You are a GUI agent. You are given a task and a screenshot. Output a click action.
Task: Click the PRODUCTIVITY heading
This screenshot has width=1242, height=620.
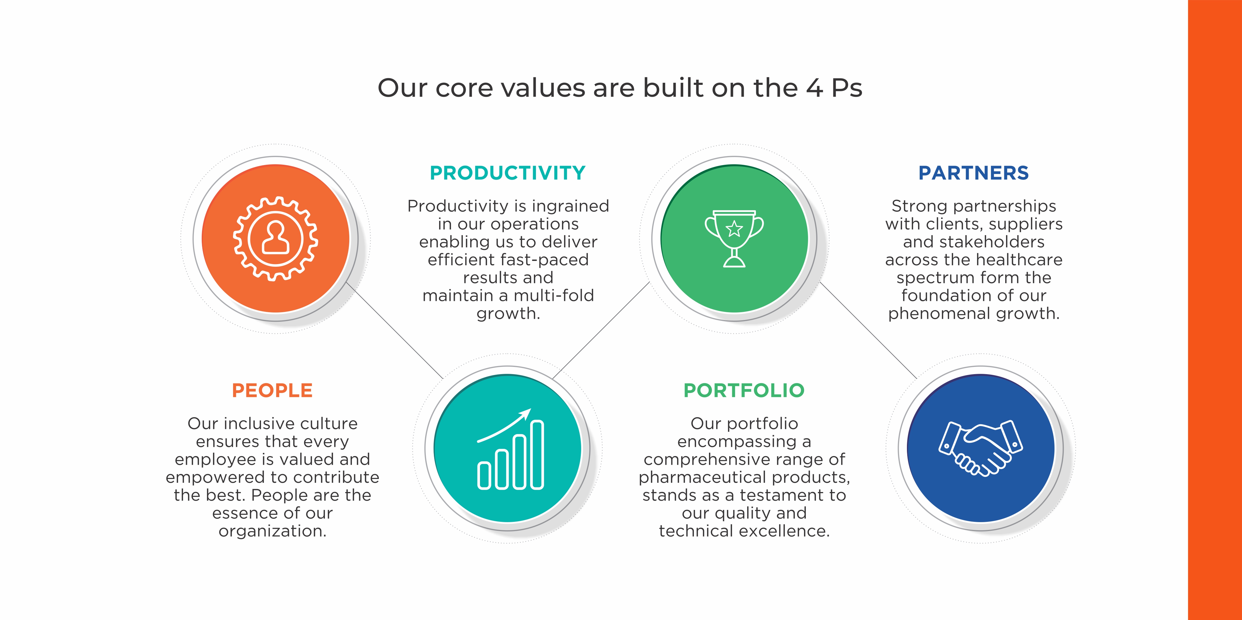508,173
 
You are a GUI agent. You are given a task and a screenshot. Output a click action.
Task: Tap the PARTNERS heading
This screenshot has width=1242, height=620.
973,173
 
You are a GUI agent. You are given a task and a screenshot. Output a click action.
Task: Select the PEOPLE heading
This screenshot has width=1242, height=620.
272,390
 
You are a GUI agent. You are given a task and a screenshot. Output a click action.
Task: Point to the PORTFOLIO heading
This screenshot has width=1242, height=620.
744,390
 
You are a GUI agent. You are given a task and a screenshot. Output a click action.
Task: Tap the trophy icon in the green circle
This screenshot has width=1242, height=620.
734,238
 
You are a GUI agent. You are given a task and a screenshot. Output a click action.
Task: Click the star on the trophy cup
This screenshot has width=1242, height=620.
734,228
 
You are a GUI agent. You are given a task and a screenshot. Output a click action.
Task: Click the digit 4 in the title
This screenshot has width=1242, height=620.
814,88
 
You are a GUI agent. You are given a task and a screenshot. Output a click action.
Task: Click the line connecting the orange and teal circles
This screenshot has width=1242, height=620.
394,330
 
